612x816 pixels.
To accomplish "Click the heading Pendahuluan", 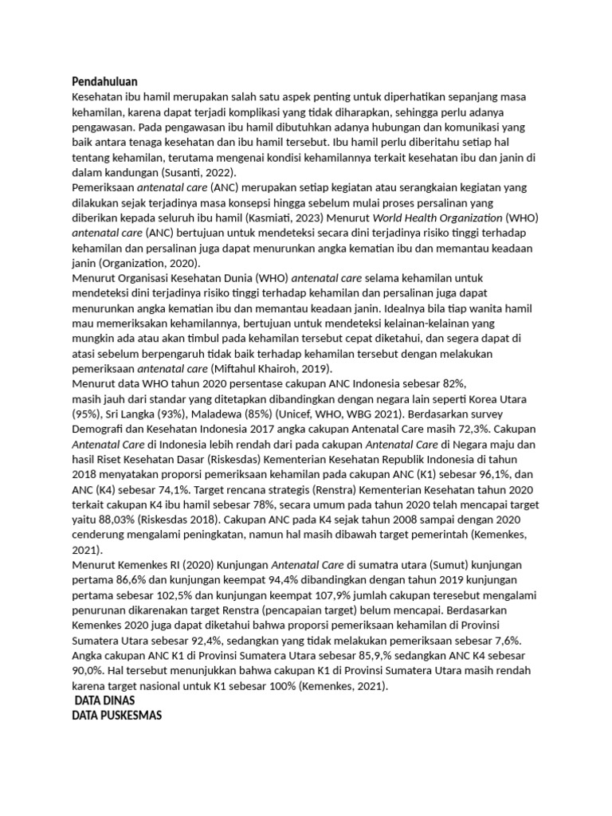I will coord(104,81).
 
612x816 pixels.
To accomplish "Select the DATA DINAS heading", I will coord(104,700).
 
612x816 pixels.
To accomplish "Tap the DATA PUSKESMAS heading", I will coord(116,715).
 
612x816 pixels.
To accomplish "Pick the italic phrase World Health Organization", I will coord(451,218).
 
